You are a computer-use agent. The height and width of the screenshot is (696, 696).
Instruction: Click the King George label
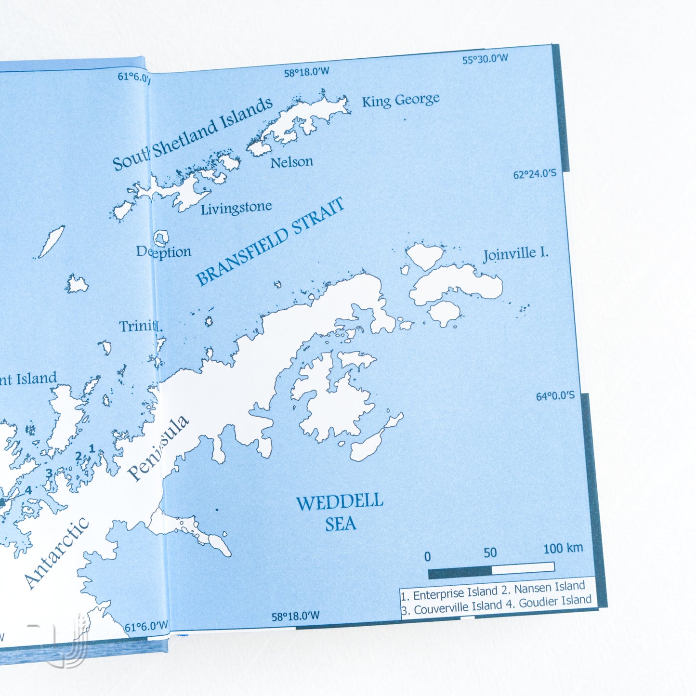(400, 101)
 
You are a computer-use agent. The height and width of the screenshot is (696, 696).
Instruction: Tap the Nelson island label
(291, 162)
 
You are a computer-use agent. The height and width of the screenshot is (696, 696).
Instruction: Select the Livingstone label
(236, 209)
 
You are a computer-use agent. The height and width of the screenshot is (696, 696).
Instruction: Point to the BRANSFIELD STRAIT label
(270, 241)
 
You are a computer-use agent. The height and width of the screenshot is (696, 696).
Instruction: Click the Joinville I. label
(515, 254)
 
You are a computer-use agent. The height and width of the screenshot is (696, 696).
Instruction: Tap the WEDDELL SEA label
(340, 513)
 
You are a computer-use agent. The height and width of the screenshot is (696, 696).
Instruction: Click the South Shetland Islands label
(193, 134)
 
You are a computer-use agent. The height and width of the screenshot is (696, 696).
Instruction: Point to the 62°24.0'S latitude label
(534, 174)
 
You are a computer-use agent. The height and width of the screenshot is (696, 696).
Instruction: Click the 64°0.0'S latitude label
(555, 396)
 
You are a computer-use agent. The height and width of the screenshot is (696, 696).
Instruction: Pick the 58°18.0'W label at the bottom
(295, 616)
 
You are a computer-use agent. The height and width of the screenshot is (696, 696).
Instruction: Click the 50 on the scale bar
(490, 552)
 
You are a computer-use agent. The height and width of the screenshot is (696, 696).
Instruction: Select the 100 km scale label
(563, 548)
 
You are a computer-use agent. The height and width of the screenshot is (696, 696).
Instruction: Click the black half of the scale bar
(460, 573)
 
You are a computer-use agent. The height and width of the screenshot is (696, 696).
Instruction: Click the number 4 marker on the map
(28, 490)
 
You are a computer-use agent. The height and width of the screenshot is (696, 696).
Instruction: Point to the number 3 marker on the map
(49, 473)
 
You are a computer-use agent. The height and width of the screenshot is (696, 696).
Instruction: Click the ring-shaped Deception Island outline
(161, 237)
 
